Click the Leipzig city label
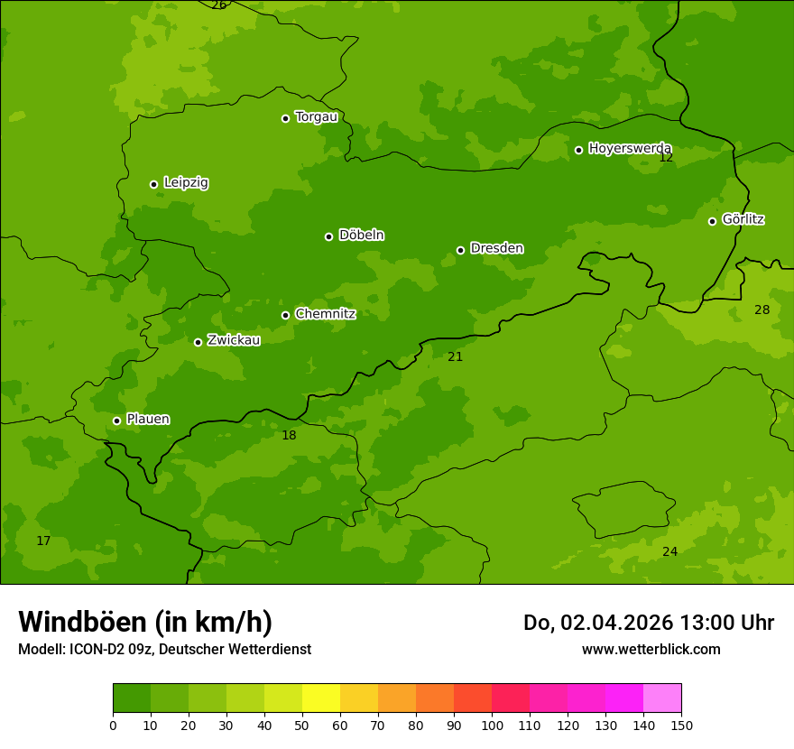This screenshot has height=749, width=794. point(186,183)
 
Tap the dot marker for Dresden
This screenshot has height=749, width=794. point(460,250)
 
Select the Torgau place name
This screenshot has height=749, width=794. point(316,117)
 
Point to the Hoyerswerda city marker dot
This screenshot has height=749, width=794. point(578,150)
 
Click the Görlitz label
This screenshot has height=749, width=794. point(743,219)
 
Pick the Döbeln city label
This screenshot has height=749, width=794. point(361,236)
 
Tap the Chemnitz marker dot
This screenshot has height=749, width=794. point(285,315)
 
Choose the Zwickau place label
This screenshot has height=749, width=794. point(234,340)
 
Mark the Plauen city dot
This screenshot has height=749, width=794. point(116,421)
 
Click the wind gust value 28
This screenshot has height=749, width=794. point(762,310)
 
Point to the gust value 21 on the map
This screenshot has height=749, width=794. point(455,357)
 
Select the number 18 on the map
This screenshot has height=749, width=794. point(289,436)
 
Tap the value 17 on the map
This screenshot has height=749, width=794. point(43,541)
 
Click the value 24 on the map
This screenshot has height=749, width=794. point(669,552)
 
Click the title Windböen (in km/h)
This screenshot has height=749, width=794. point(145,622)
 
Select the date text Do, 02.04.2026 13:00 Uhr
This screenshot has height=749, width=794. point(648,623)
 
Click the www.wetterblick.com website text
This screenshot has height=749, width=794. point(651,650)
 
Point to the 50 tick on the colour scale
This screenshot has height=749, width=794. point(302,725)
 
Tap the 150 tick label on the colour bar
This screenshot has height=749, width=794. point(681,725)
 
